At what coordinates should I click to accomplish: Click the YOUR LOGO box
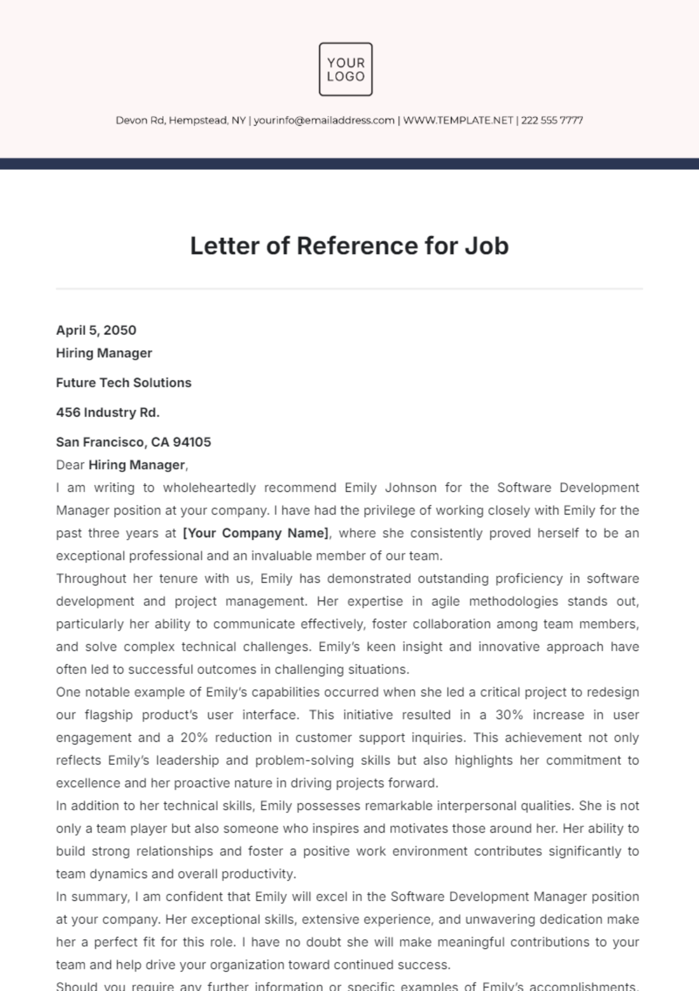[345, 69]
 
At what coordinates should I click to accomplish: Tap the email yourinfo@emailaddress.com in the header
[324, 121]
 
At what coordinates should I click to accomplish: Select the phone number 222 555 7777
[552, 121]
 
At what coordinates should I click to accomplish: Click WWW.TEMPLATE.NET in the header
[458, 121]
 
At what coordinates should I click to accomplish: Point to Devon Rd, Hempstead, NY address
[181, 121]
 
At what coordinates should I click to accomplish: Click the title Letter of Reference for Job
[349, 246]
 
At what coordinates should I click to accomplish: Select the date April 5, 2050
[96, 330]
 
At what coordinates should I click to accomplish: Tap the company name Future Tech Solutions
[123, 383]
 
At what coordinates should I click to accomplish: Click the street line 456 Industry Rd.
[108, 412]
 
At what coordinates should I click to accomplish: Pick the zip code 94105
[192, 442]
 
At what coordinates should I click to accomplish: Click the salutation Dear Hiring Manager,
[122, 465]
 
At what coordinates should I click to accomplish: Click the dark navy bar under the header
[349, 164]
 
